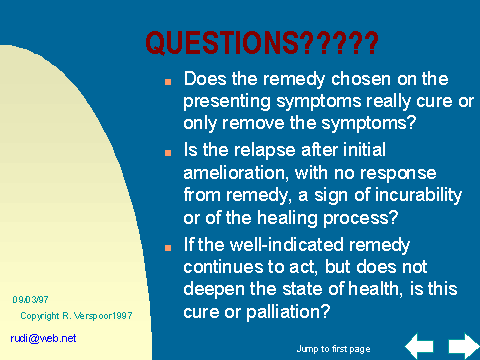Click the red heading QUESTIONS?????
point(262,43)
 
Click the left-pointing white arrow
point(419,346)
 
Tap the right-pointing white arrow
point(464,346)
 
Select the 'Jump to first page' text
point(333,349)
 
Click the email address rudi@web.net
point(43,338)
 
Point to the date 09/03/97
point(30,300)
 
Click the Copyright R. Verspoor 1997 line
point(76,316)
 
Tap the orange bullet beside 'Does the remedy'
point(168,82)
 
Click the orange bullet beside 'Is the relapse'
point(168,153)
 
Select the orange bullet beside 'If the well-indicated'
point(168,248)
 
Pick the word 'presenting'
point(227,102)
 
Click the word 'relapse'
point(264,151)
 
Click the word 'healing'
point(287,219)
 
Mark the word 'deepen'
point(214,290)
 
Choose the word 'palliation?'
point(288,312)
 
